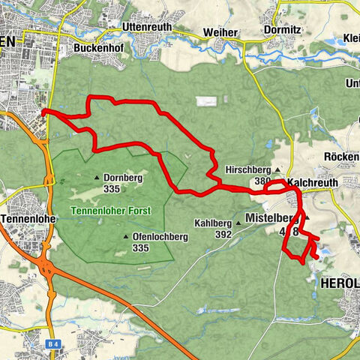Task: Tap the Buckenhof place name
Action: click(98, 47)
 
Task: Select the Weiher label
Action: click(220, 33)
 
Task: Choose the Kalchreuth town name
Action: click(313, 182)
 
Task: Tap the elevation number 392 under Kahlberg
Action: click(222, 234)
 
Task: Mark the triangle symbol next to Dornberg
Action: click(97, 177)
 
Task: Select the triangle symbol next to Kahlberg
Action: click(238, 223)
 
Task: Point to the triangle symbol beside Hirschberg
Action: click(277, 170)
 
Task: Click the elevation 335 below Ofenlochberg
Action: click(140, 247)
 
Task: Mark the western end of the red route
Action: click(44, 112)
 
